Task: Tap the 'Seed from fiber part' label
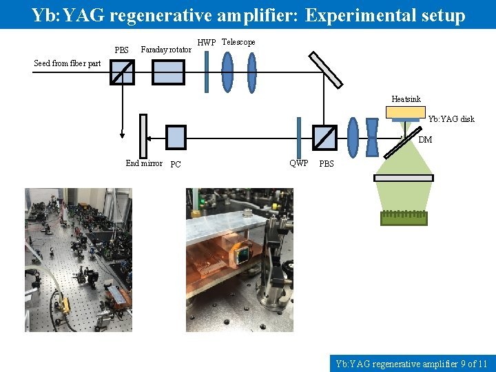[x=68, y=63]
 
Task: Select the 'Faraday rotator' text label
[x=166, y=50]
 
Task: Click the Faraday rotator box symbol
[x=168, y=72]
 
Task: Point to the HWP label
[x=207, y=43]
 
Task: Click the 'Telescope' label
[x=238, y=42]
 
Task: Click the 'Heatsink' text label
[x=406, y=99]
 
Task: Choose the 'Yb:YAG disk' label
[x=451, y=119]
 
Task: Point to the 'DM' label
[x=425, y=140]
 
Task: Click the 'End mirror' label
[x=144, y=163]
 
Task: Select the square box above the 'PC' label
[x=176, y=137]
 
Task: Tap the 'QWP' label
[x=299, y=163]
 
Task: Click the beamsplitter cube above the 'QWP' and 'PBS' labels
[x=324, y=136]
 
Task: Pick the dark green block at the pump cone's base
[x=404, y=218]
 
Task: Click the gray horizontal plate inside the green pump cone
[x=404, y=178]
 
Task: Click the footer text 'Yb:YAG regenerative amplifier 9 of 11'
[x=411, y=363]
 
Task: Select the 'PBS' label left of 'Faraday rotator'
[x=121, y=50]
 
